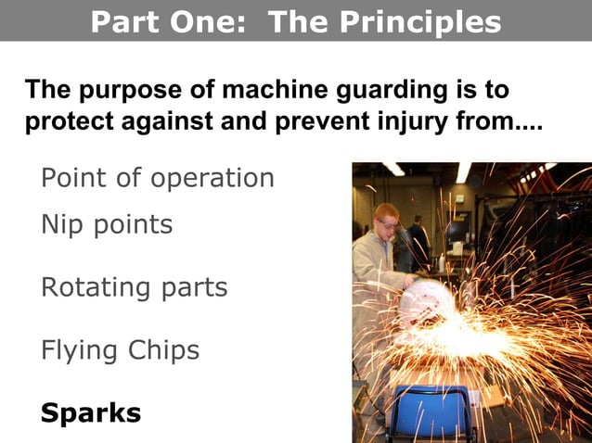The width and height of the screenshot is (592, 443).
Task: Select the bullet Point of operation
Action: pos(158,178)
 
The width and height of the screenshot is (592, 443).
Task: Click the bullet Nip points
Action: pos(107,224)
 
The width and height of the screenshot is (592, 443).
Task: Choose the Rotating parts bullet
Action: pos(135,287)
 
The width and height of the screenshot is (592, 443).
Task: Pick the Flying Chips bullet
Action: pos(121,350)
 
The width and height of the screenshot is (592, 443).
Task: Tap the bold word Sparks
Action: pos(91,412)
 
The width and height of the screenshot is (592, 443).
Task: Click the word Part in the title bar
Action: pos(126,21)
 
